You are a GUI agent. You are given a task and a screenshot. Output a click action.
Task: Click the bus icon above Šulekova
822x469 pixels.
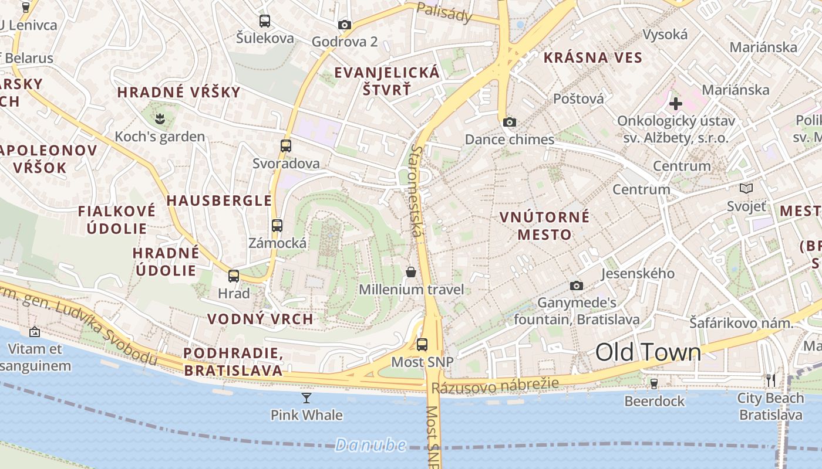point(265,21)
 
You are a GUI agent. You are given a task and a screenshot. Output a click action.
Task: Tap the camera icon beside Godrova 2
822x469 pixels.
point(345,25)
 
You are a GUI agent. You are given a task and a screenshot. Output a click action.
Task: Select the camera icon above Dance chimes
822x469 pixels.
point(510,122)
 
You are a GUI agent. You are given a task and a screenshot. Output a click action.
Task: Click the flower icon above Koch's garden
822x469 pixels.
point(160,120)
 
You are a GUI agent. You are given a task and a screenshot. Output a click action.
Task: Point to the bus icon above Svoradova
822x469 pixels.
point(286,146)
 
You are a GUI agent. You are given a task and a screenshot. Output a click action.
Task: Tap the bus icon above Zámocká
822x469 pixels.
point(277,225)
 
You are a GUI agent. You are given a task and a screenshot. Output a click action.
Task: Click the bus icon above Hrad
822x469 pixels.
point(234,276)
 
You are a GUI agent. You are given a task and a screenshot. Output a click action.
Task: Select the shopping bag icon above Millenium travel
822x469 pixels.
point(411,272)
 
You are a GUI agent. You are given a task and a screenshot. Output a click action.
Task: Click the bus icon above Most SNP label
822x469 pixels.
point(422,345)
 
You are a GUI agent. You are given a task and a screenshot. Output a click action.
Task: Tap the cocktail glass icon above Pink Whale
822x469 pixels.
point(306,398)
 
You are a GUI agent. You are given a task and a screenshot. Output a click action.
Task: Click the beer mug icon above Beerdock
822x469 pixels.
point(654,383)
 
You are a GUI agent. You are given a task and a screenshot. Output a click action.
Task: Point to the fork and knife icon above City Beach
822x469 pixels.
point(771,380)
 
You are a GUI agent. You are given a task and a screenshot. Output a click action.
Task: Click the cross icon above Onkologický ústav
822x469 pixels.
point(676,104)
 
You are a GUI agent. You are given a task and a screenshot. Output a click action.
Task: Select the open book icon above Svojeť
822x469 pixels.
point(746,189)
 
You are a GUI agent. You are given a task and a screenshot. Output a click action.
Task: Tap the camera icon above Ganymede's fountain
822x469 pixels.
point(577,286)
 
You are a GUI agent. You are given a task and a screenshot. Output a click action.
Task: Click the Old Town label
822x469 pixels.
point(648,352)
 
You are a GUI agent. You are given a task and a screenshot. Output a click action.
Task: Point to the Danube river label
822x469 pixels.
point(370,445)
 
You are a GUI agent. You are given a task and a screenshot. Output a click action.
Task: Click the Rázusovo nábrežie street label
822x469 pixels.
point(495,386)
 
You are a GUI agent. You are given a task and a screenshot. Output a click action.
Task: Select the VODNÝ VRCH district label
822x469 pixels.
point(260,320)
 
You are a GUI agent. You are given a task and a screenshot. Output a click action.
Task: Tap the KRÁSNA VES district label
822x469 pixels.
point(593,57)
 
